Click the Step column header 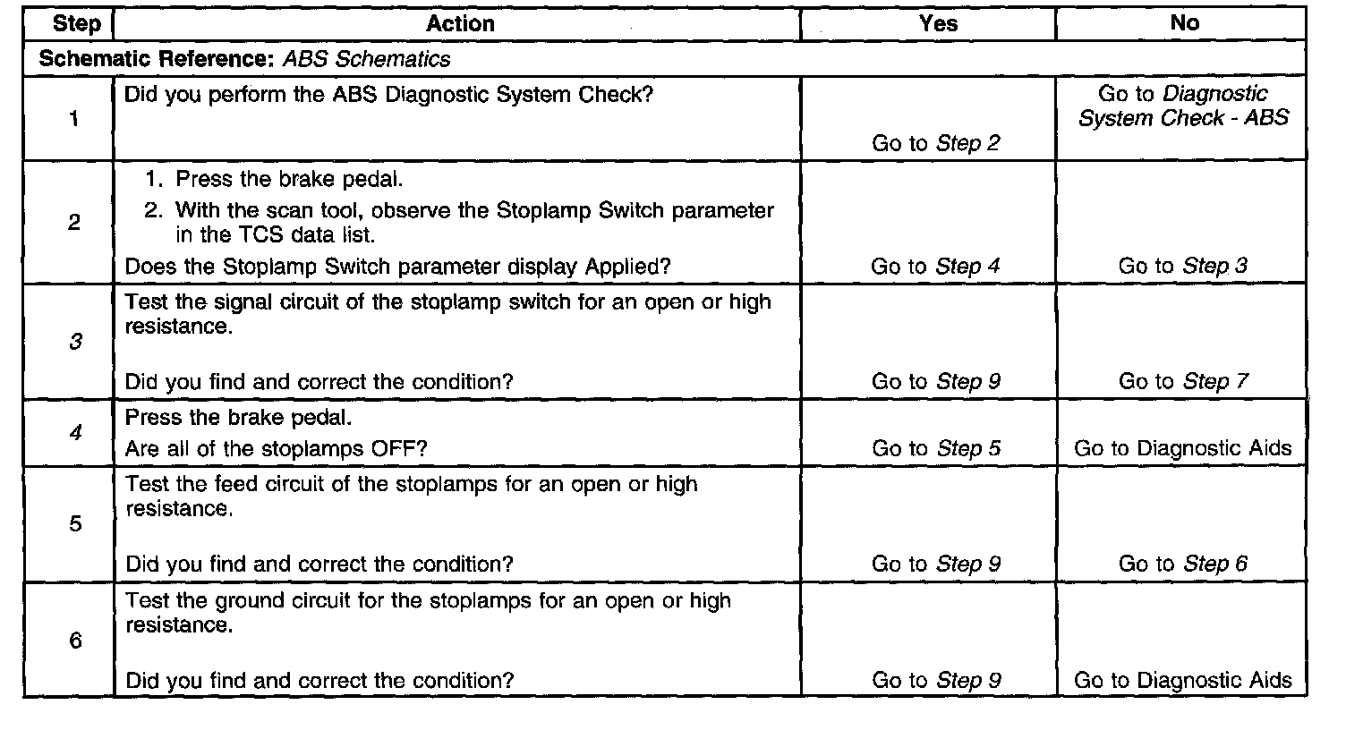76,24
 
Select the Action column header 460,24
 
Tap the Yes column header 938,24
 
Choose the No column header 1184,24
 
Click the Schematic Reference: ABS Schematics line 244,60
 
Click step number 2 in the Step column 74,223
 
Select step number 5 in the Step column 75,523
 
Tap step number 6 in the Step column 75,641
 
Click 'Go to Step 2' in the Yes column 935,143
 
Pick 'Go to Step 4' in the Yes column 935,266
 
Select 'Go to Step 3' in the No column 1182,266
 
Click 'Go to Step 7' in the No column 1182,382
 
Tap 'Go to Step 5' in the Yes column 935,448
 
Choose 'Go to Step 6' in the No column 1182,564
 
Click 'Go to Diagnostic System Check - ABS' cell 1183,106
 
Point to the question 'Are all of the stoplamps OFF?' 277,448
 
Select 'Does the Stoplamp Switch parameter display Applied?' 399,266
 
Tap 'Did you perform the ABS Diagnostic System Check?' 388,94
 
